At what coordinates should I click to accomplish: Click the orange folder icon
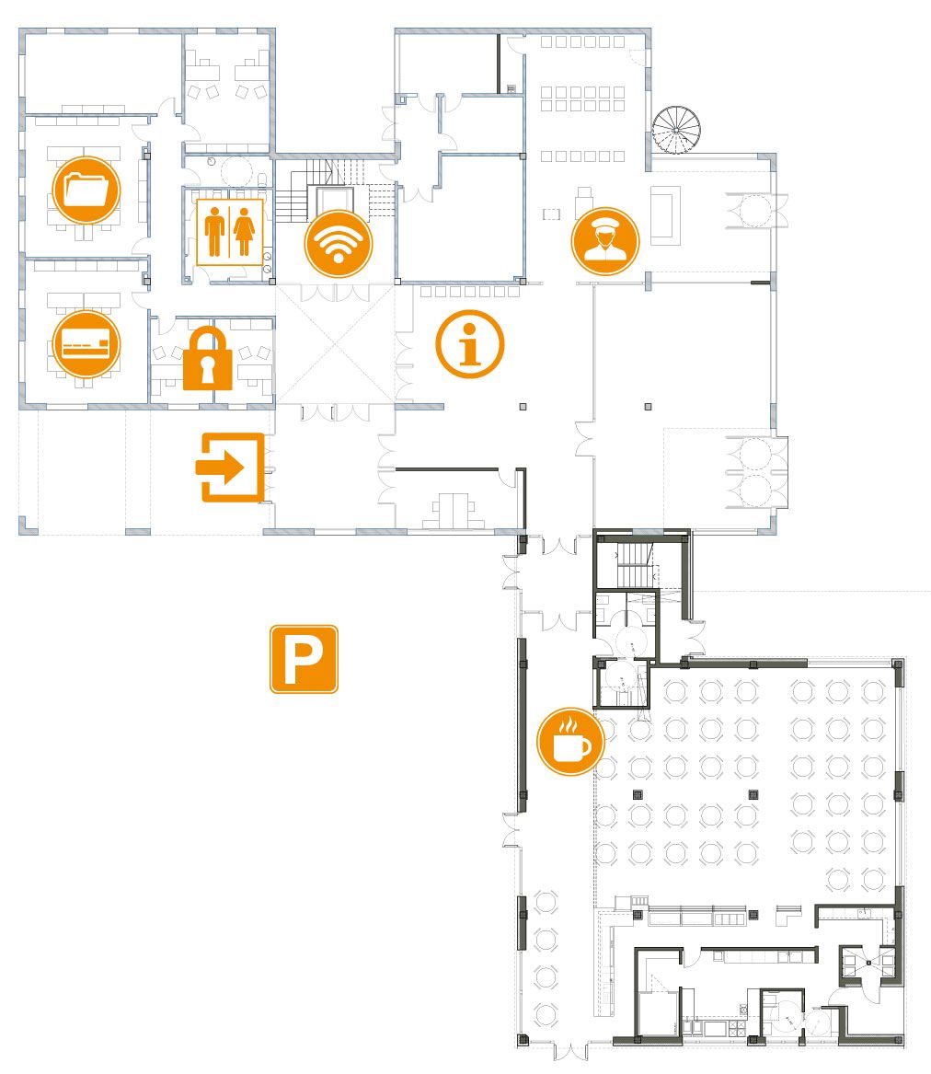[86, 191]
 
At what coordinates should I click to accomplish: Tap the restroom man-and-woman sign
[229, 232]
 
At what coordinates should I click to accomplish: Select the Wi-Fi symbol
[339, 244]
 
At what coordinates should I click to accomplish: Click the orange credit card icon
[86, 344]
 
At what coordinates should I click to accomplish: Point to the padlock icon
[208, 358]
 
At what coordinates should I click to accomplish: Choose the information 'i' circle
[469, 344]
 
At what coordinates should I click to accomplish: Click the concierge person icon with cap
[605, 241]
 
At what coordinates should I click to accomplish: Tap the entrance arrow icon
[230, 468]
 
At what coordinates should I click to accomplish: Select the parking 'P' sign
[304, 659]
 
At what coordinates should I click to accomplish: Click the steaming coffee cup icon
[570, 742]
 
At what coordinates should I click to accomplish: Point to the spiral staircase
[676, 130]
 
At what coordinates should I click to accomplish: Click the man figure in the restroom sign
[215, 232]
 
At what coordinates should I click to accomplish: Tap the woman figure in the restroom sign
[244, 232]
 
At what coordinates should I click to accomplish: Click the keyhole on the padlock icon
[208, 370]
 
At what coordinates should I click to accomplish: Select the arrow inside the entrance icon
[221, 468]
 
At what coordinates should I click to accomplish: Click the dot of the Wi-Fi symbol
[339, 259]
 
